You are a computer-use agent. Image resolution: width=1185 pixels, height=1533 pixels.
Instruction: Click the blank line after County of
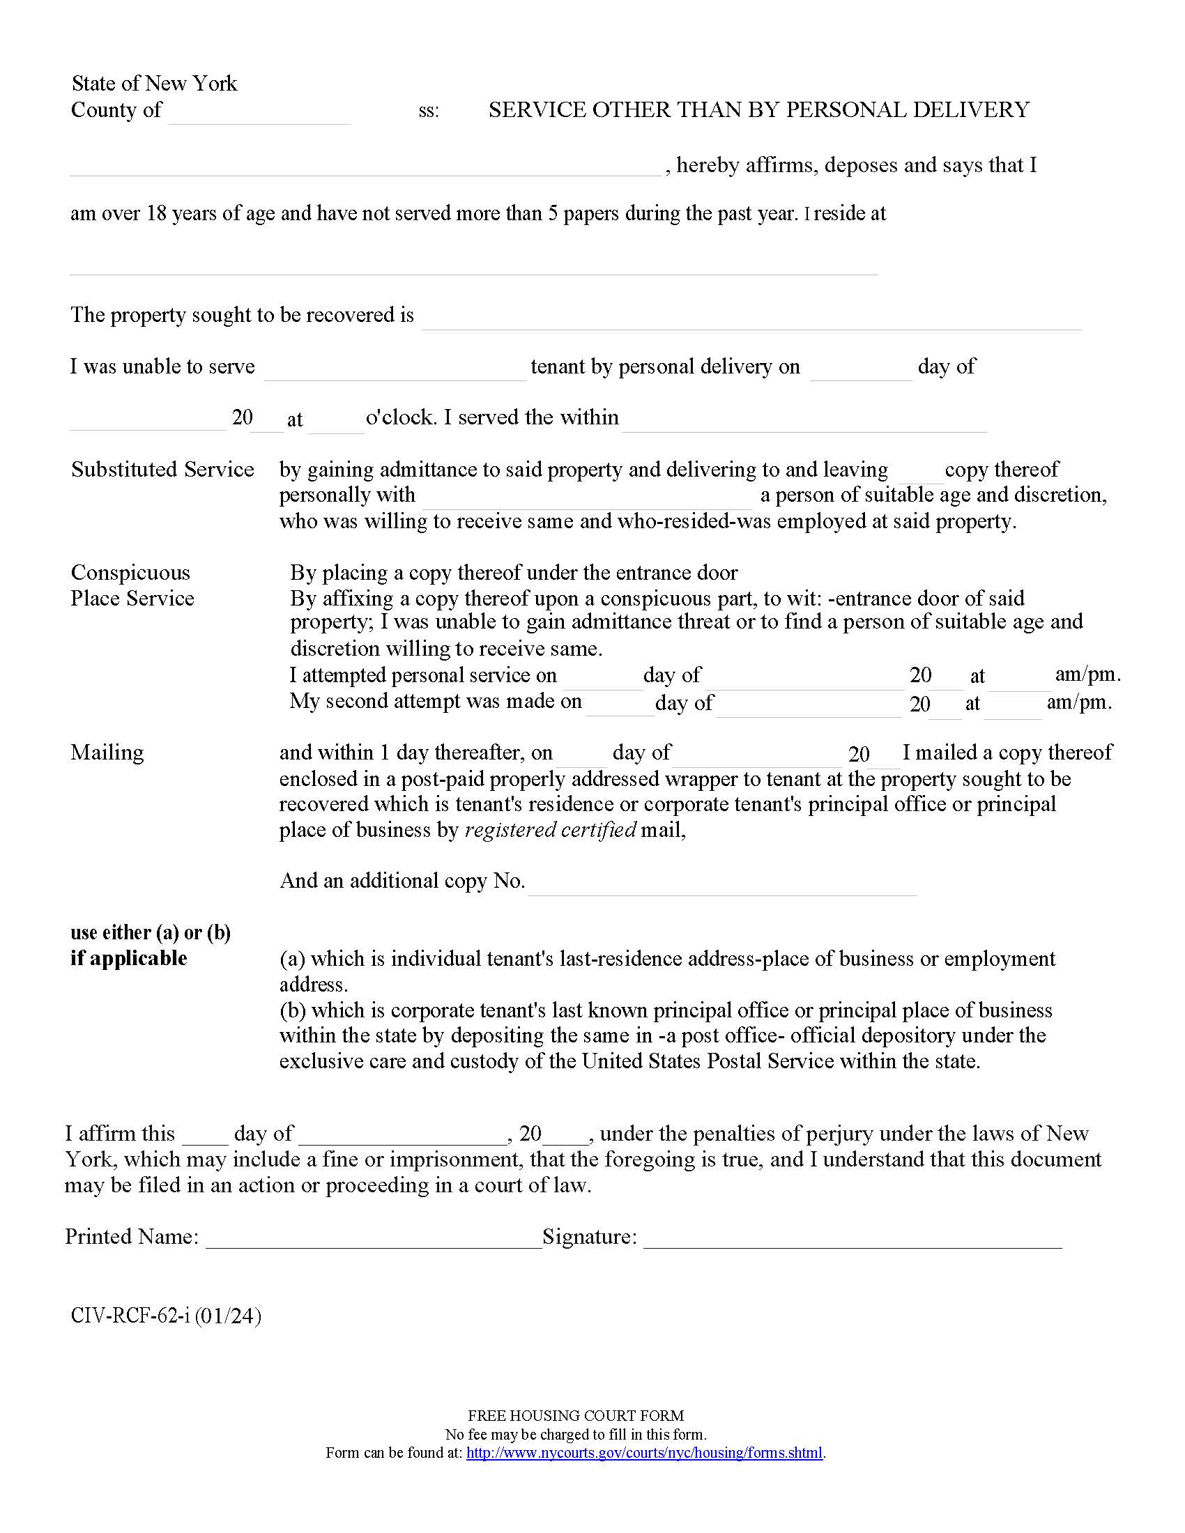[259, 116]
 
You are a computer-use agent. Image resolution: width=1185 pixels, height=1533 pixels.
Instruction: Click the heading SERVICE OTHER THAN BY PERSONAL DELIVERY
[759, 110]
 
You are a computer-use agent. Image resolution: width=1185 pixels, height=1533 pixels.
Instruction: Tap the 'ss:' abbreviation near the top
[428, 111]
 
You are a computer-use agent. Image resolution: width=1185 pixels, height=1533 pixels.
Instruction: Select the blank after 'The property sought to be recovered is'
[751, 321]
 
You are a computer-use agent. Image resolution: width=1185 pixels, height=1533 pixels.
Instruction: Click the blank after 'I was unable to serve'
[395, 373]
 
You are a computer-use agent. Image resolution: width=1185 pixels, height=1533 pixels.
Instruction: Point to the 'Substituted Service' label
[162, 469]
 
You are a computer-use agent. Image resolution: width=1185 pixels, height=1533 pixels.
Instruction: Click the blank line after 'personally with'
[587, 500]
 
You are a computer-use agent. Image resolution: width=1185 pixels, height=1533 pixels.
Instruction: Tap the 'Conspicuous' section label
[130, 572]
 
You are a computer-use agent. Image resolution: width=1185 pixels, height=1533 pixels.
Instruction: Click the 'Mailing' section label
[107, 753]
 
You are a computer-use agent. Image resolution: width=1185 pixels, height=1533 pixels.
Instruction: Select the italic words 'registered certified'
[551, 830]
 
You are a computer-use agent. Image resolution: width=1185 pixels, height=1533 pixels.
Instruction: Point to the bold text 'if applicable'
[128, 958]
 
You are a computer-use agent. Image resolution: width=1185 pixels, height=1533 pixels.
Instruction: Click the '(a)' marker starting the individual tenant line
[292, 959]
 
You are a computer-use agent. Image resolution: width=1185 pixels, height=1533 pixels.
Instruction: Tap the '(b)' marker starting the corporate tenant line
[292, 1010]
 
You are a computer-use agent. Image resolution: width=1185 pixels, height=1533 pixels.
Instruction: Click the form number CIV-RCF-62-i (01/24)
[166, 1316]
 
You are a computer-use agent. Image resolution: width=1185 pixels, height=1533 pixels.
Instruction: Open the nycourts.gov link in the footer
[644, 1453]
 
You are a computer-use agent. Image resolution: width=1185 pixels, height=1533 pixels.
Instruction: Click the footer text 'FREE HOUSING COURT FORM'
[576, 1416]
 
